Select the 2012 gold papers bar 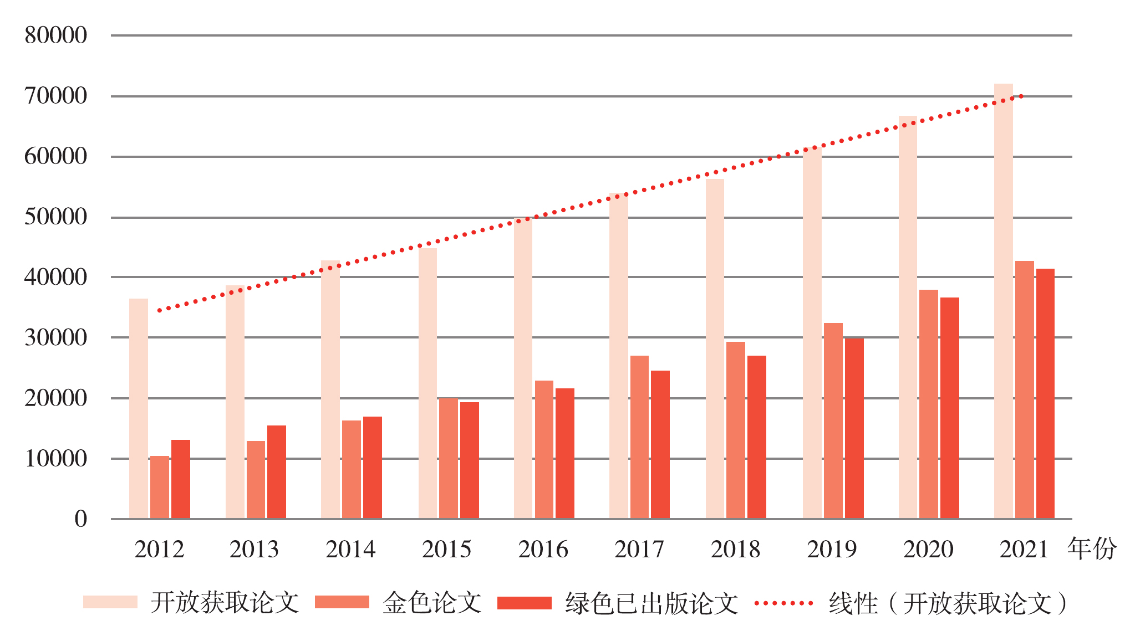(160, 487)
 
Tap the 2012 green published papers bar (181, 479)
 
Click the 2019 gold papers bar (833, 420)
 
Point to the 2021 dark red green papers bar (1045, 393)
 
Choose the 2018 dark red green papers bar (757, 437)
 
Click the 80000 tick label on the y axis (56, 35)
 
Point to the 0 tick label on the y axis (81, 519)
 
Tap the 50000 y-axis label (56, 217)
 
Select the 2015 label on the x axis (446, 550)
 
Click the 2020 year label (928, 550)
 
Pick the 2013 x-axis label (254, 550)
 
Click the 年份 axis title (1092, 548)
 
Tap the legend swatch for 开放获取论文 (110, 602)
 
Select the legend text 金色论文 (432, 603)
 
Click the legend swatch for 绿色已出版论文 (525, 602)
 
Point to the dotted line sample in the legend (783, 603)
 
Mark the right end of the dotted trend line (1021, 96)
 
